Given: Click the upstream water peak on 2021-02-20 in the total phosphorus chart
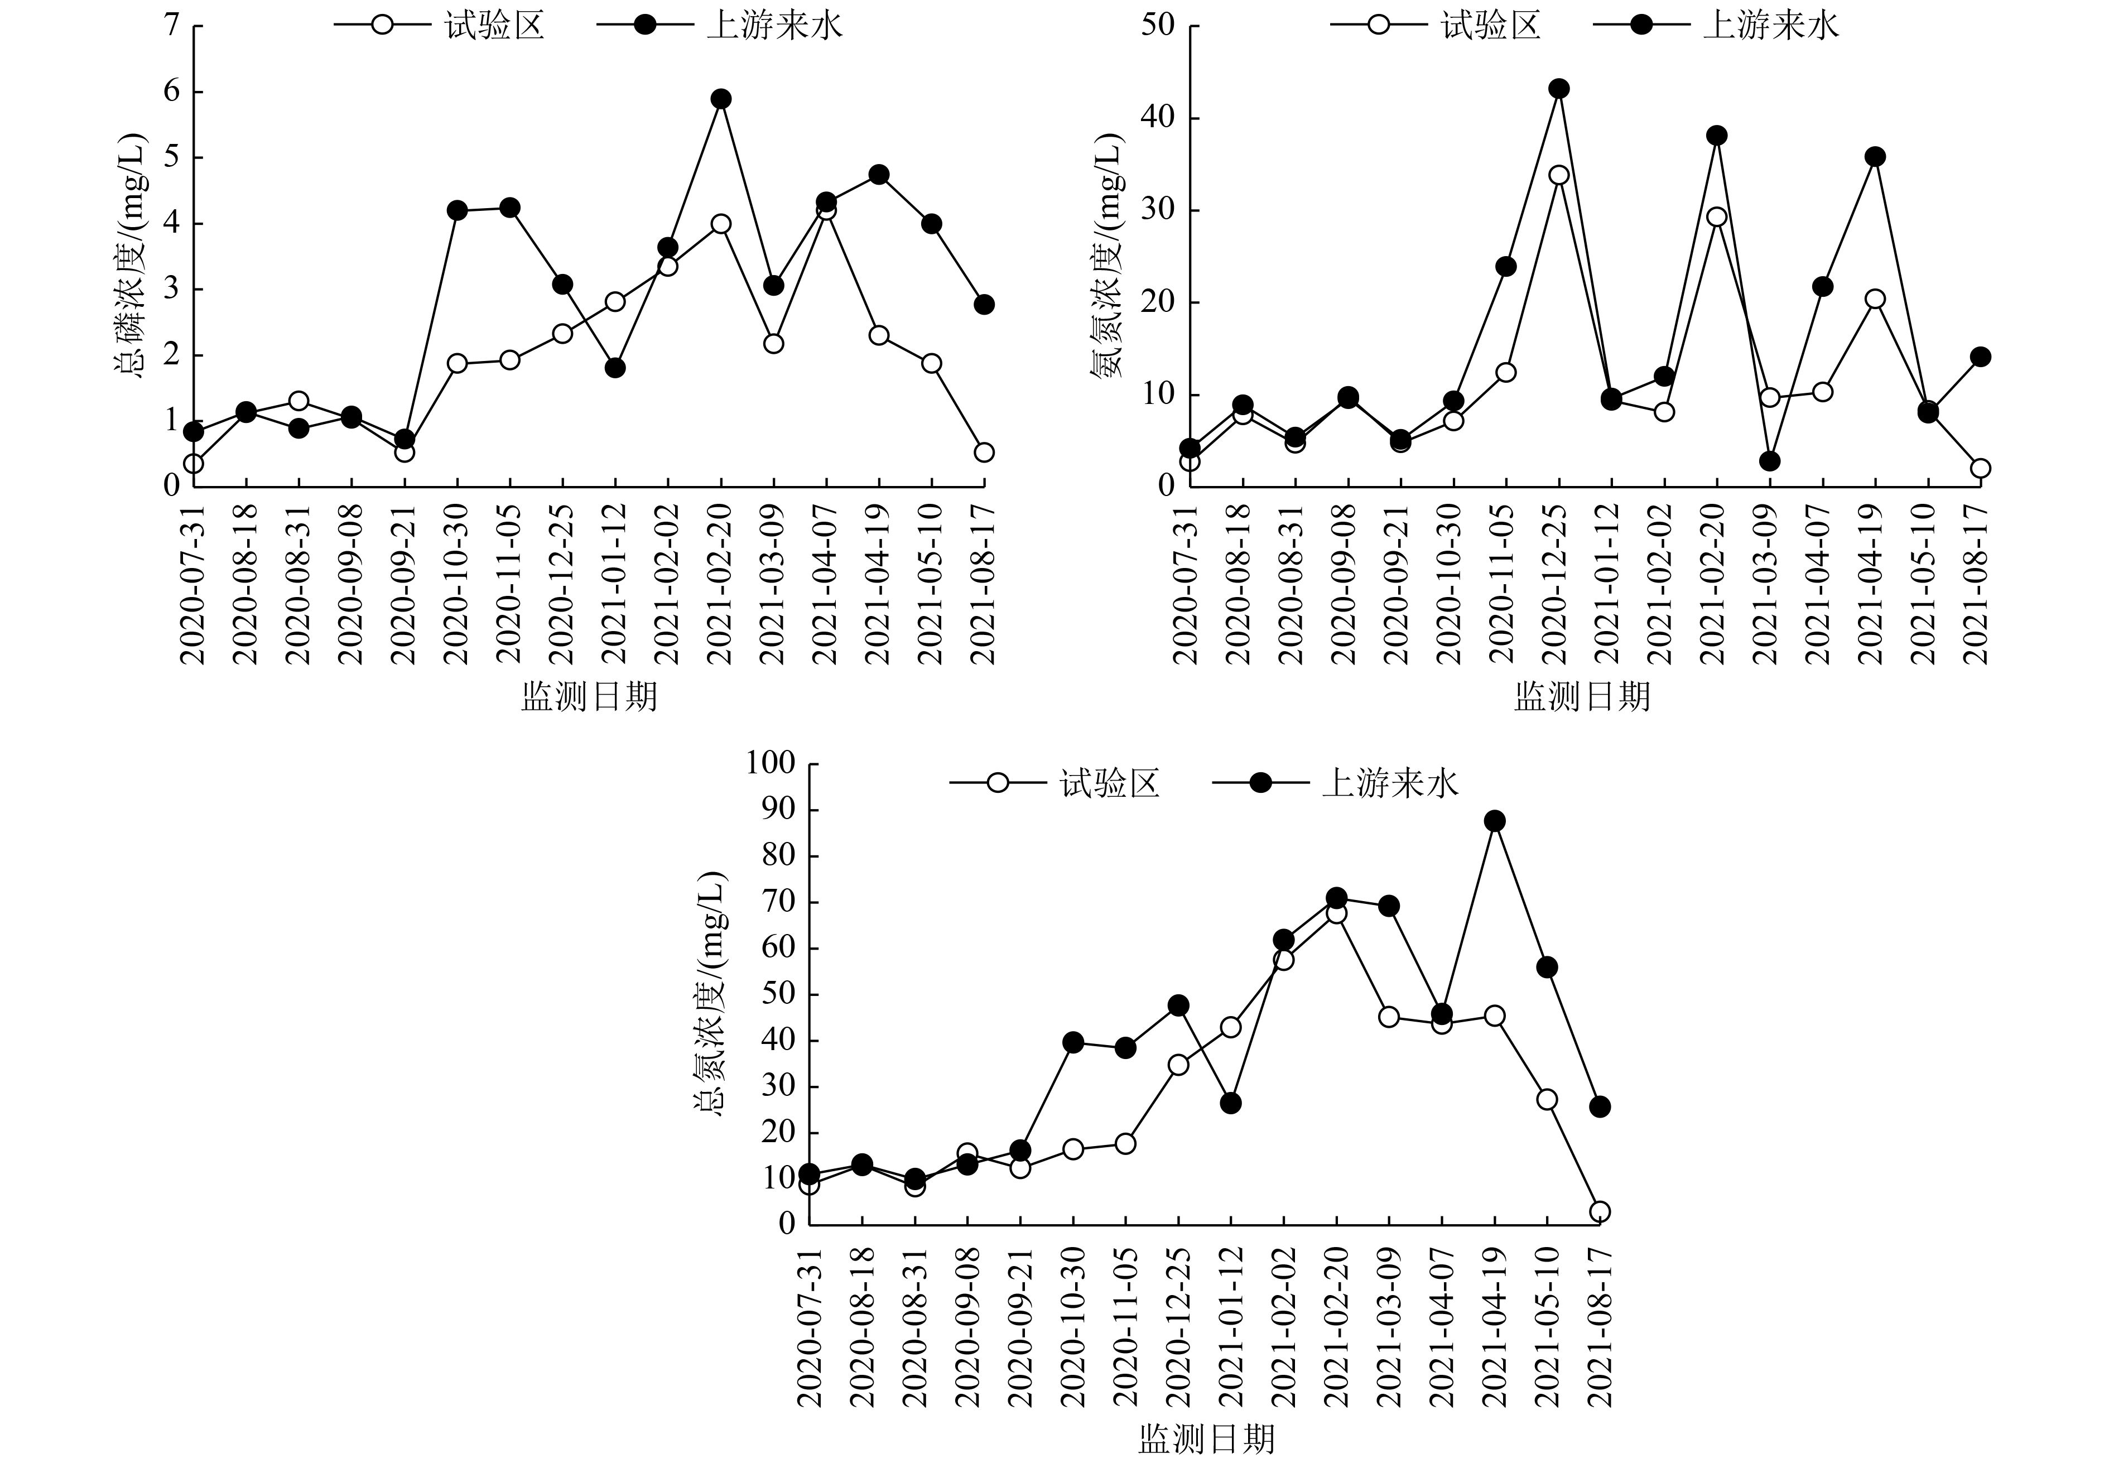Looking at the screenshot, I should (x=720, y=98).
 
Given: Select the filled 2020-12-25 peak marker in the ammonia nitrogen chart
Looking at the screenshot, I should (x=1558, y=89).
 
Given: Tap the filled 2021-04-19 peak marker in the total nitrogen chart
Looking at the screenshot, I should (x=1495, y=820).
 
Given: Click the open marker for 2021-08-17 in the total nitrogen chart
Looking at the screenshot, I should (x=1600, y=1211).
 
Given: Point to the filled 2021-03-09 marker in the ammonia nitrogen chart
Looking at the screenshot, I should (x=1769, y=461).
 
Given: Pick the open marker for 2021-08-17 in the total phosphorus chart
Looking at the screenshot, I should (x=984, y=452).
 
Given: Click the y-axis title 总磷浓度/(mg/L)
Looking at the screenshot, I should (x=128, y=256).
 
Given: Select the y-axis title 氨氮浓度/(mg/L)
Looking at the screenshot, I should (x=1106, y=256).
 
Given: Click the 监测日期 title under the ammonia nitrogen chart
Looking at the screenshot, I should (x=1581, y=697).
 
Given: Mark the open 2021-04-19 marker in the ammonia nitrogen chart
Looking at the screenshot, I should (x=1874, y=299).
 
